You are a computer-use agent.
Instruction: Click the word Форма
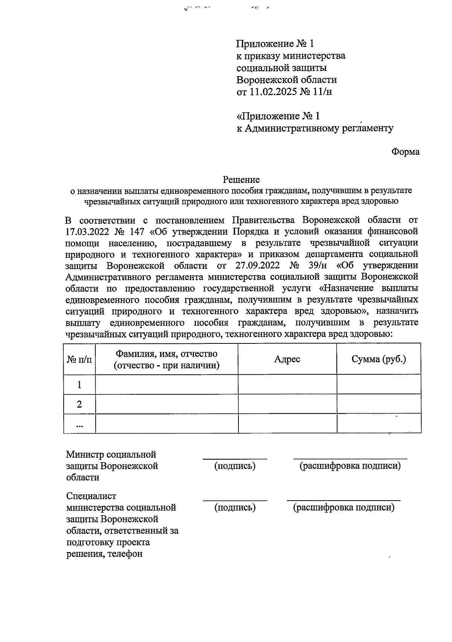[405, 152]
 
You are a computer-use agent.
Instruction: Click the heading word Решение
[241, 179]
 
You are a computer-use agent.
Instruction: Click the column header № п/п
[79, 359]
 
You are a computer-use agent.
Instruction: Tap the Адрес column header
[287, 359]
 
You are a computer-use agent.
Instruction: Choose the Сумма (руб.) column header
[379, 359]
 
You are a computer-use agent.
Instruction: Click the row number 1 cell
[79, 385]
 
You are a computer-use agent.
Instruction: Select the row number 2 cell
[79, 404]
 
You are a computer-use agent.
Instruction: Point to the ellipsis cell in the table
[79, 424]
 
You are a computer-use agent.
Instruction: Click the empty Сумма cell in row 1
[379, 385]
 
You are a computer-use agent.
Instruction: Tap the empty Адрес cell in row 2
[287, 404]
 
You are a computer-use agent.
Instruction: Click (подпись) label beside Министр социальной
[235, 466]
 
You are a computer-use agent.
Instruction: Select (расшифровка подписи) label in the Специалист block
[344, 507]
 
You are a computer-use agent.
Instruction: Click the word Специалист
[91, 496]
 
